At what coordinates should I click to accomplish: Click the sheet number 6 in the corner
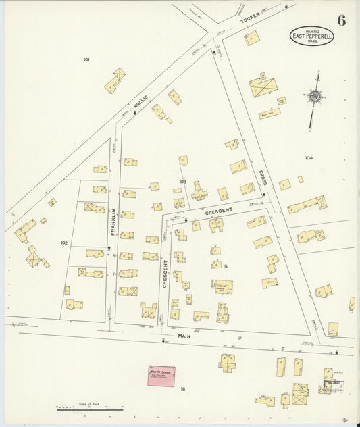[342, 20]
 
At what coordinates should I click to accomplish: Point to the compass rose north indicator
[313, 99]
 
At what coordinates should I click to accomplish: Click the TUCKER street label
[251, 23]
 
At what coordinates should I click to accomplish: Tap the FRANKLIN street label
[113, 222]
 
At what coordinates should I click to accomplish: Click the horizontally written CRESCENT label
[218, 211]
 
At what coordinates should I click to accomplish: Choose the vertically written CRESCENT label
[164, 274]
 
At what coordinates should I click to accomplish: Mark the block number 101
[86, 60]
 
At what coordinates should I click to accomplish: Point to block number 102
[63, 242]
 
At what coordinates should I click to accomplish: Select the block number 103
[182, 182]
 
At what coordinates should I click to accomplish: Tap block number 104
[309, 158]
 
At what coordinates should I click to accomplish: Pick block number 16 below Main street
[182, 388]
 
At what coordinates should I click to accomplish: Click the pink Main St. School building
[161, 375]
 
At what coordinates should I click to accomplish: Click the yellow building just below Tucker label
[251, 38]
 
